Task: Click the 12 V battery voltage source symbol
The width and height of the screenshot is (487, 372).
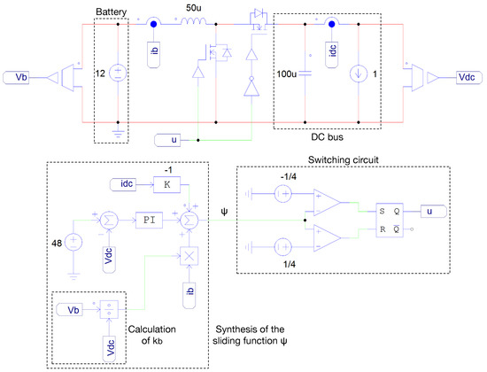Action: [118, 73]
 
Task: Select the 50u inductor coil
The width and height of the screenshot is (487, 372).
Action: [194, 21]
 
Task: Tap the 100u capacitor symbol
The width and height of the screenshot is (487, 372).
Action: [305, 74]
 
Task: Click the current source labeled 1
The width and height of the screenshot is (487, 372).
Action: [359, 74]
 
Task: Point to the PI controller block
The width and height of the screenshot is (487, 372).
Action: [149, 220]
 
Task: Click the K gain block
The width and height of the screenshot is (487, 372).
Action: [166, 184]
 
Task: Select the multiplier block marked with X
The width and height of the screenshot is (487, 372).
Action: [189, 256]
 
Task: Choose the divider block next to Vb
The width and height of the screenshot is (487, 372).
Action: [109, 309]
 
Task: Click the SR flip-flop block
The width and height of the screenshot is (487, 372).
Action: [390, 220]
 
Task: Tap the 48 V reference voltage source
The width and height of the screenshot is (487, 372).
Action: [73, 242]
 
